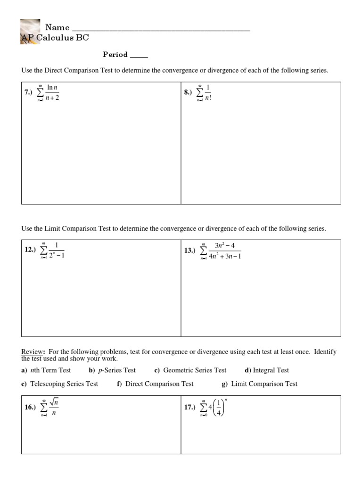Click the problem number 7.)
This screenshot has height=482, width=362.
point(29,93)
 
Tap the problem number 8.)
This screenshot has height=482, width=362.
point(189,93)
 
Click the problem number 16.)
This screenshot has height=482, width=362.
point(31,408)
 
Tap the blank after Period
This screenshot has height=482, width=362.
point(139,55)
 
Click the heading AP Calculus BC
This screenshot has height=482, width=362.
point(55,38)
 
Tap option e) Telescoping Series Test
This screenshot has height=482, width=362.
point(59,384)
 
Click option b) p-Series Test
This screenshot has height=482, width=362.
point(112,370)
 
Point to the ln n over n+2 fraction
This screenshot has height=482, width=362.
point(52,93)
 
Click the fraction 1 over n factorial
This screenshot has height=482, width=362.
point(208,93)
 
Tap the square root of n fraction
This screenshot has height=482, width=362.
point(53,407)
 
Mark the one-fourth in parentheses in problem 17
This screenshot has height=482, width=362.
point(217,408)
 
